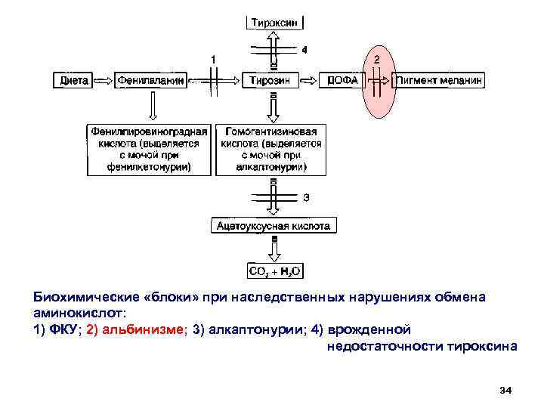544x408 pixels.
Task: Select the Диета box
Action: point(73,79)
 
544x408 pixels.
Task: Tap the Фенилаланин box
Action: point(151,79)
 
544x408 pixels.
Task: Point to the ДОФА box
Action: point(342,79)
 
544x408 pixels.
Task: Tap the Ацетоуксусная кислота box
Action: point(273,225)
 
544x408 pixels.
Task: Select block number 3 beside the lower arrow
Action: point(306,198)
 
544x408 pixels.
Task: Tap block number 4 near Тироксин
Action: point(304,50)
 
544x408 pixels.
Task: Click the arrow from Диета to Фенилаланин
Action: point(103,79)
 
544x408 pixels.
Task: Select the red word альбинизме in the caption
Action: point(144,329)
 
